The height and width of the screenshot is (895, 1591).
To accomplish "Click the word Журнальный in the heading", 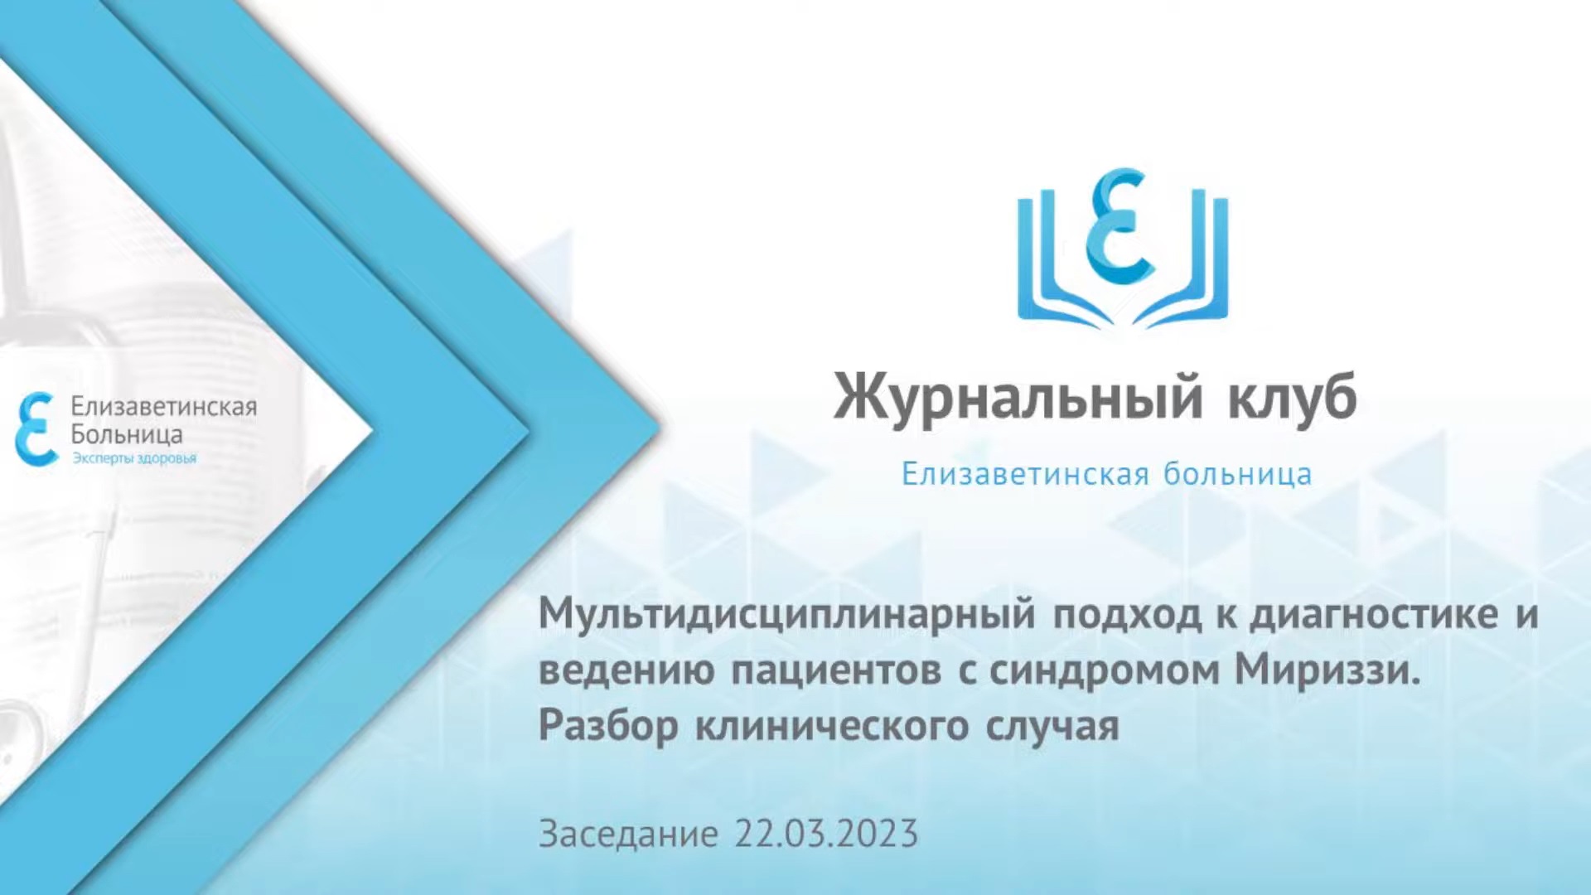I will pyautogui.click(x=1018, y=398).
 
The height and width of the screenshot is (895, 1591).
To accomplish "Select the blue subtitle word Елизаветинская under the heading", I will pyautogui.click(x=1025, y=474).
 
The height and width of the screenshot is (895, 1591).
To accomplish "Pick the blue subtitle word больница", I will pyautogui.click(x=1237, y=474).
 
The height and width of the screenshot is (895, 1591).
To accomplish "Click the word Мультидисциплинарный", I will pyautogui.click(x=787, y=615).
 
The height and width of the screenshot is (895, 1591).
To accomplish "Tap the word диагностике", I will pyautogui.click(x=1374, y=615).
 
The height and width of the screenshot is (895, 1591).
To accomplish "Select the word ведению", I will pyautogui.click(x=626, y=670).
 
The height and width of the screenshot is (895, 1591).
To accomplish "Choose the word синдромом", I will pyautogui.click(x=1105, y=670).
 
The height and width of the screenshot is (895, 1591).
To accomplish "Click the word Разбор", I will pyautogui.click(x=608, y=726).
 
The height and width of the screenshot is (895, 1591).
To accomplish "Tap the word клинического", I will pyautogui.click(x=832, y=726).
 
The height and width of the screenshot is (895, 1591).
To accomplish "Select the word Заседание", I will pyautogui.click(x=628, y=834).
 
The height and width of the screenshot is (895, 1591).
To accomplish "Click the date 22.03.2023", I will pyautogui.click(x=826, y=834).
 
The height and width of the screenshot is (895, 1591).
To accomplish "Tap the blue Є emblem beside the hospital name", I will pyautogui.click(x=36, y=428).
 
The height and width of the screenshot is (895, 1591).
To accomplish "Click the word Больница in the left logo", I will pyautogui.click(x=126, y=434).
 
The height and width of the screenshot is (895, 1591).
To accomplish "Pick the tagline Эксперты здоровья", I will pyautogui.click(x=134, y=458).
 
